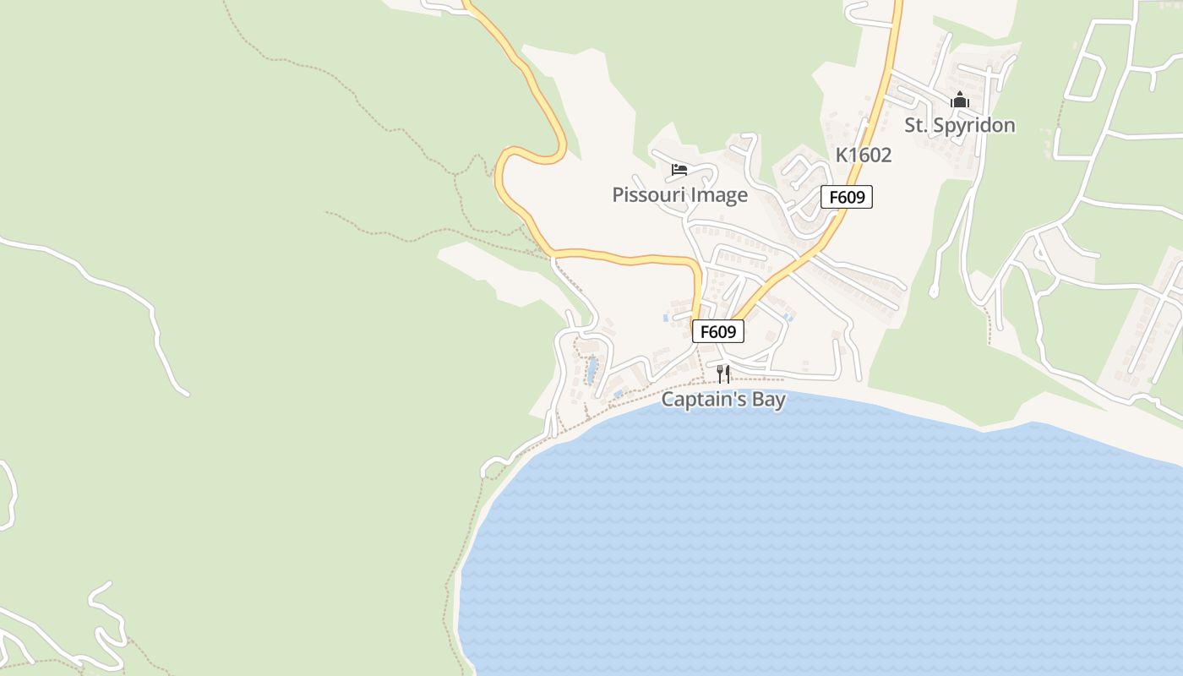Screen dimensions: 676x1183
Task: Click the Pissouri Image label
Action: click(679, 195)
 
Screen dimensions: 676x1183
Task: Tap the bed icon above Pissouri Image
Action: click(679, 169)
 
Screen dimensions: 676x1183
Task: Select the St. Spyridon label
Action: click(960, 125)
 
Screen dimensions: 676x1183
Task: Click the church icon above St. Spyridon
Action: click(959, 100)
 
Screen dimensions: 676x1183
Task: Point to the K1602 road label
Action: click(864, 155)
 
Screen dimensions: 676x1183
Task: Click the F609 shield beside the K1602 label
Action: click(847, 198)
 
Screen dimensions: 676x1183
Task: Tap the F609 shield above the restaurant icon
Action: click(718, 331)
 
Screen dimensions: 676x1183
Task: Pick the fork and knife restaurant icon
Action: click(723, 373)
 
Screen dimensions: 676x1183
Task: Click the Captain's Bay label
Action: click(723, 399)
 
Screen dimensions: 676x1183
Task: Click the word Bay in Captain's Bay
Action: click(769, 399)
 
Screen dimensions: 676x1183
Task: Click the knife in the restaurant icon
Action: click(728, 373)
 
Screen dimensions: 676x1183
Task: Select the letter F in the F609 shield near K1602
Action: click(834, 198)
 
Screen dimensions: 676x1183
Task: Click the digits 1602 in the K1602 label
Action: click(870, 155)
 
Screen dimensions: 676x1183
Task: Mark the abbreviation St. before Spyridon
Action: click(915, 125)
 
